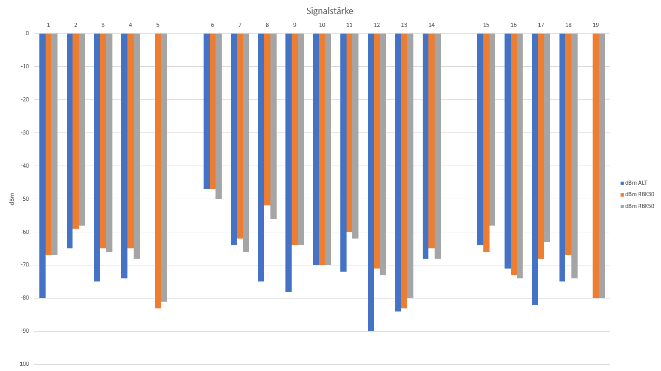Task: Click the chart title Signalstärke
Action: pyautogui.click(x=329, y=11)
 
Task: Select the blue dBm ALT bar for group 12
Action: pyautogui.click(x=370, y=182)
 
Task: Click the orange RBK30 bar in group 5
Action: pyautogui.click(x=158, y=171)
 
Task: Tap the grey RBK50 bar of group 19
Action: pyautogui.click(x=602, y=166)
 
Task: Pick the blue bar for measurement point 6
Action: pyautogui.click(x=207, y=111)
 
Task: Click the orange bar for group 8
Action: pyautogui.click(x=267, y=120)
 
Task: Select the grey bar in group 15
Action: pyautogui.click(x=492, y=129)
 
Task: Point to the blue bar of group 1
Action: pyautogui.click(x=42, y=166)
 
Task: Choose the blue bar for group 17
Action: pyautogui.click(x=535, y=169)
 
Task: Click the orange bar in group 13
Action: pyautogui.click(x=404, y=171)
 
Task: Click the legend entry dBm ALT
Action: pyautogui.click(x=634, y=183)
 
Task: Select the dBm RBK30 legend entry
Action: pyautogui.click(x=637, y=195)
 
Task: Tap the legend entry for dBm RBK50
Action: pyautogui.click(x=637, y=206)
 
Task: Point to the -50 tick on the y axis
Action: pyautogui.click(x=25, y=199)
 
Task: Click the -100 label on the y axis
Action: pyautogui.click(x=24, y=364)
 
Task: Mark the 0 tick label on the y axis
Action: pyautogui.click(x=27, y=33)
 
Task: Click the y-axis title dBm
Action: pyautogui.click(x=12, y=199)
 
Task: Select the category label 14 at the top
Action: pyautogui.click(x=432, y=25)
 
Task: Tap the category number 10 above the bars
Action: pyautogui.click(x=322, y=25)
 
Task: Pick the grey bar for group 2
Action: pyautogui.click(x=82, y=129)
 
